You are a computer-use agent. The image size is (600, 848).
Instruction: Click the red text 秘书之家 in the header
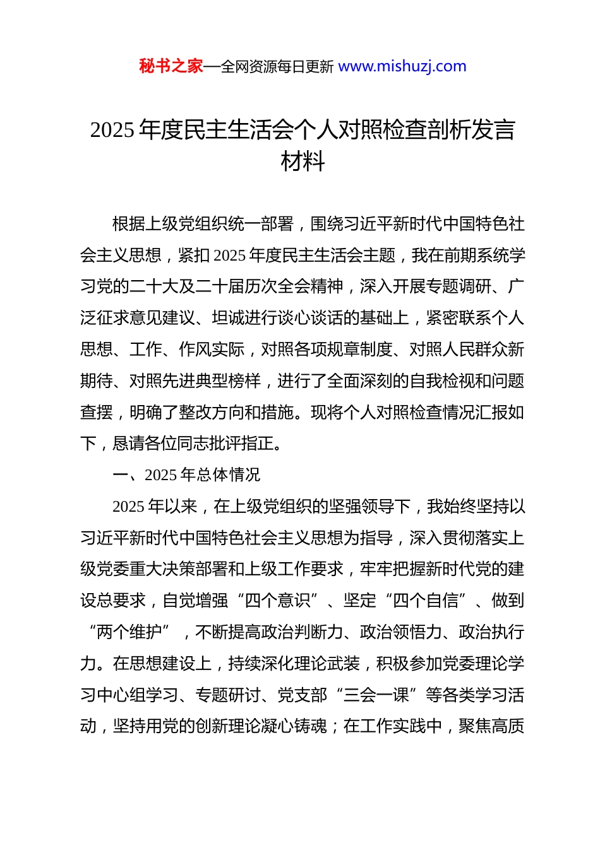point(171,66)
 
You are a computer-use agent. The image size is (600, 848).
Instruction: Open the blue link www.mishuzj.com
point(402,66)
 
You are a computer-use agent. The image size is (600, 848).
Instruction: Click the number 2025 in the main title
point(112,130)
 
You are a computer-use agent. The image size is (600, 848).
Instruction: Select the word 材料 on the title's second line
point(303,162)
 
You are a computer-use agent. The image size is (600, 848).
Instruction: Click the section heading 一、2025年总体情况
point(186,475)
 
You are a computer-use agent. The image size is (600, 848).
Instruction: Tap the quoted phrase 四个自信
point(426,601)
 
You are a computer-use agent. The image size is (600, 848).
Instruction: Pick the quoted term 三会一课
point(376,695)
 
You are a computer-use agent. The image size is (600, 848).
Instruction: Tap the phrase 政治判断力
point(303,632)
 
